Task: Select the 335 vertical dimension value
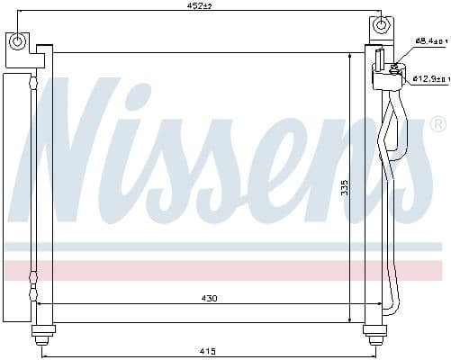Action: pos(344,187)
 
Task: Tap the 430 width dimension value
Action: pos(209,298)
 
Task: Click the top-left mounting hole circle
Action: pos(18,40)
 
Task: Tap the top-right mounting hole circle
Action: pos(383,25)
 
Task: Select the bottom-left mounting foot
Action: pos(41,335)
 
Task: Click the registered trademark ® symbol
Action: pos(437,123)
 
